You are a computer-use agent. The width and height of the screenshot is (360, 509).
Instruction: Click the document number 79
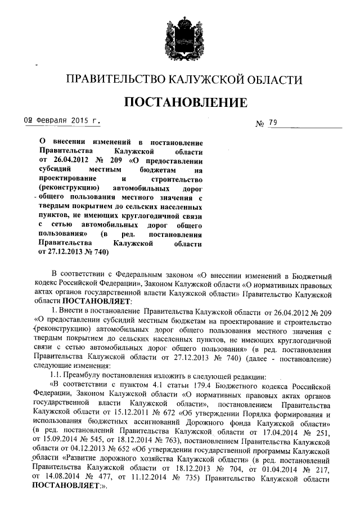pyautogui.click(x=273, y=123)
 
